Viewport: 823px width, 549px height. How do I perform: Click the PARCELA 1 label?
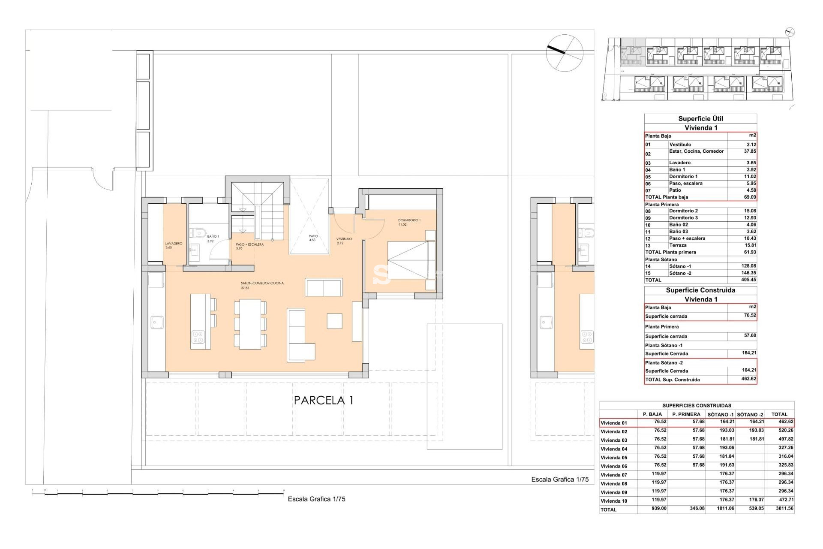tap(324, 400)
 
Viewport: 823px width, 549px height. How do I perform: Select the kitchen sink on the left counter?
tap(157, 322)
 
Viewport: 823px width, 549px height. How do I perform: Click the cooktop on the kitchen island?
tap(198, 337)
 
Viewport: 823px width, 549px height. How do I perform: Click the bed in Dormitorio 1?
tap(411, 260)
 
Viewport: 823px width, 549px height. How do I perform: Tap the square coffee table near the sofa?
tap(334, 321)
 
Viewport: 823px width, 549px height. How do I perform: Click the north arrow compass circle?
tap(565, 53)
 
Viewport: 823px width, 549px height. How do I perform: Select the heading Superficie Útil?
tap(700, 119)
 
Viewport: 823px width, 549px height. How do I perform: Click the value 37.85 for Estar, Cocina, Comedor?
tap(749, 151)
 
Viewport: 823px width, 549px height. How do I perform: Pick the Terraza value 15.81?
tap(749, 245)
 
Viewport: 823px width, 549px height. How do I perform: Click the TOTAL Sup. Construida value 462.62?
tap(748, 379)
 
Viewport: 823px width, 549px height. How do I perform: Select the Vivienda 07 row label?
tap(614, 475)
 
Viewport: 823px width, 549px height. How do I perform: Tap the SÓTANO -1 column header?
tap(720, 414)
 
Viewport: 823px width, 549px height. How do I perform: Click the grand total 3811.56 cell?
tap(784, 508)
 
